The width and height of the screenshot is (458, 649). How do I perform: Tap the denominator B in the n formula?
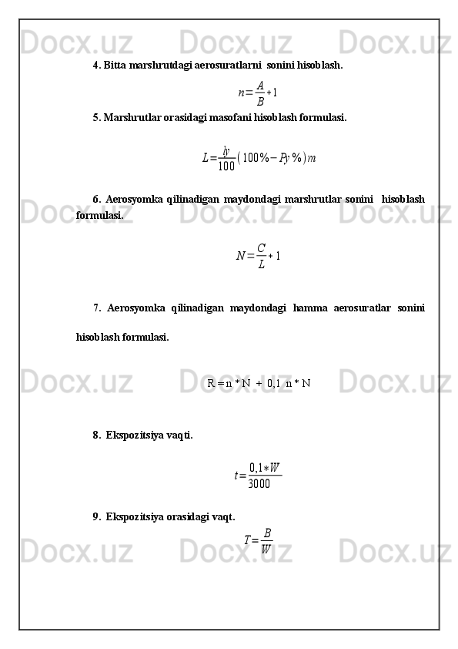[260, 101]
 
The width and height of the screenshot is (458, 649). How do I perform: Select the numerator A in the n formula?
[260, 86]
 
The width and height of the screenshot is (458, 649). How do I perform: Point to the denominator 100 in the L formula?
[226, 165]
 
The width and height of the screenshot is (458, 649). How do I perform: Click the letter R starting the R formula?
[211, 382]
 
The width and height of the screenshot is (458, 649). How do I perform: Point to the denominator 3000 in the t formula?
[259, 484]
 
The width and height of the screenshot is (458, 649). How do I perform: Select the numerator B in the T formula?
[266, 533]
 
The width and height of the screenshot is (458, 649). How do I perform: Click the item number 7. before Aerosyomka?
[98, 308]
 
